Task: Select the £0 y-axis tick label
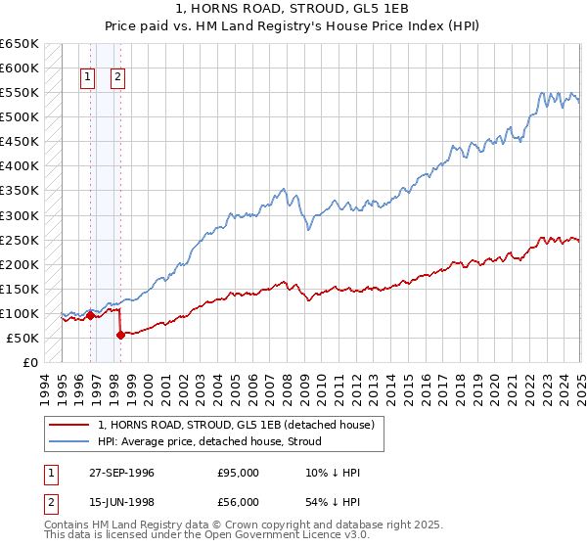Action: coord(29,363)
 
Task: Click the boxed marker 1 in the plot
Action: coord(88,76)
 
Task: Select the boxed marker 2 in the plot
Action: coord(117,76)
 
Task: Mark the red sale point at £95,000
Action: coord(90,315)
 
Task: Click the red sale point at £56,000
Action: coord(120,335)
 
